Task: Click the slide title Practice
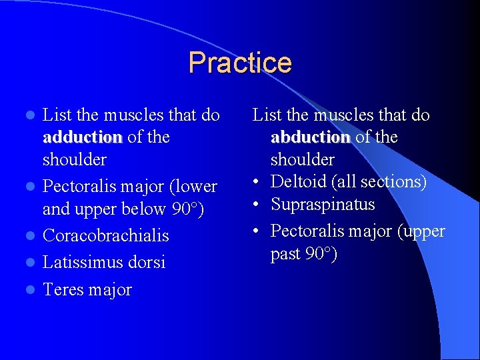tap(240, 63)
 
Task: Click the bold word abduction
tap(310, 137)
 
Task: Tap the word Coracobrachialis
tap(105, 236)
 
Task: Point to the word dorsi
tap(147, 263)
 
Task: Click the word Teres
tap(62, 290)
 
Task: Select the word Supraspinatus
tap(323, 205)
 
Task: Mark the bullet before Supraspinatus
tap(258, 205)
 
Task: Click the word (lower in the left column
tap(194, 187)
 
